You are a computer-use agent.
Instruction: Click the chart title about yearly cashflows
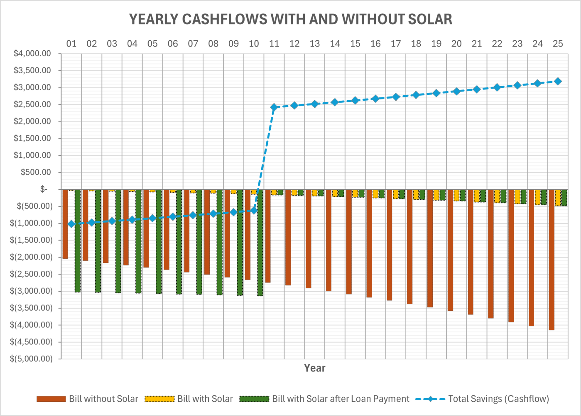click(x=290, y=19)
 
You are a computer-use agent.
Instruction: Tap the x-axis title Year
click(x=314, y=368)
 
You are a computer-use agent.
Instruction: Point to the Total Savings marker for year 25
click(x=558, y=82)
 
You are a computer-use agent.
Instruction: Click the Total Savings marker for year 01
click(x=71, y=224)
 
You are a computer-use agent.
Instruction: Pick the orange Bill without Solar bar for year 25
click(x=552, y=260)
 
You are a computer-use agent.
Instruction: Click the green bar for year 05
click(x=159, y=241)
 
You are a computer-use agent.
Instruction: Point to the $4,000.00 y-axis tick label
click(x=32, y=54)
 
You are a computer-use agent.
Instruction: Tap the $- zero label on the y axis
click(x=44, y=189)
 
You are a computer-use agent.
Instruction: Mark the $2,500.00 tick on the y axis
click(x=32, y=104)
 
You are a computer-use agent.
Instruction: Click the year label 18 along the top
click(x=416, y=44)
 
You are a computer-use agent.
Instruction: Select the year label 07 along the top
click(x=193, y=44)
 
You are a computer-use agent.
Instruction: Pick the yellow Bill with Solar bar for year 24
click(x=537, y=197)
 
